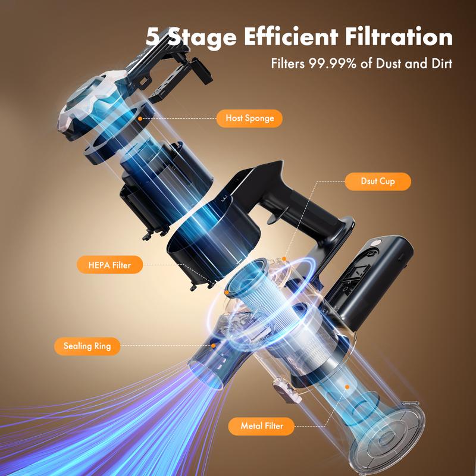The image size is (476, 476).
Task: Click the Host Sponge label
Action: (x=250, y=118)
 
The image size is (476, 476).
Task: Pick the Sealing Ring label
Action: (x=83, y=346)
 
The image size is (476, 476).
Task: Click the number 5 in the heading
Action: (x=155, y=37)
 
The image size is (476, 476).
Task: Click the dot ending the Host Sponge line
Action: (x=140, y=118)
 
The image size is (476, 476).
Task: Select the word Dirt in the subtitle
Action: (x=440, y=63)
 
